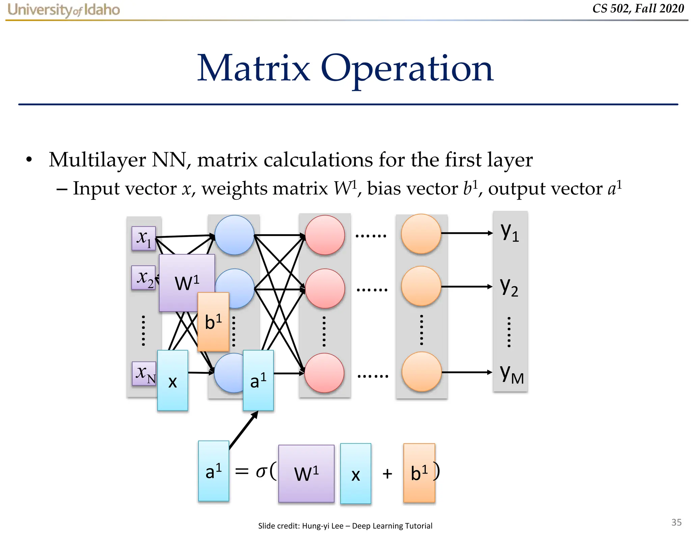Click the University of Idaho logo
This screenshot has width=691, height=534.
63,10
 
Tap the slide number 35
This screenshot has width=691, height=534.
676,522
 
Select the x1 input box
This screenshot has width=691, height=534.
144,238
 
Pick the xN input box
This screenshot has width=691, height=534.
144,373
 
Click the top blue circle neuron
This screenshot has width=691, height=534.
234,235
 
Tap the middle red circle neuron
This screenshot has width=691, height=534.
325,289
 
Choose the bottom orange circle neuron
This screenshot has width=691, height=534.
421,372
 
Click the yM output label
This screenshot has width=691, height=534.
511,374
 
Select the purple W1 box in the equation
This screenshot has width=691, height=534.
306,473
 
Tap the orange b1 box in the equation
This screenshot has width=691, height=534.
419,473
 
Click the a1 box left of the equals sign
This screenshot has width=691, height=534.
214,471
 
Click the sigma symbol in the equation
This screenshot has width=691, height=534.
261,471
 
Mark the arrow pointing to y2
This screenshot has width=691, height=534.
467,287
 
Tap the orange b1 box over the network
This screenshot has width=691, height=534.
213,322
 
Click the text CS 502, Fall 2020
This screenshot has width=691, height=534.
638,8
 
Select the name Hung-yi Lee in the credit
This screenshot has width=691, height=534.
323,526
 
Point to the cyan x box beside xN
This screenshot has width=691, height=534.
172,380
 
